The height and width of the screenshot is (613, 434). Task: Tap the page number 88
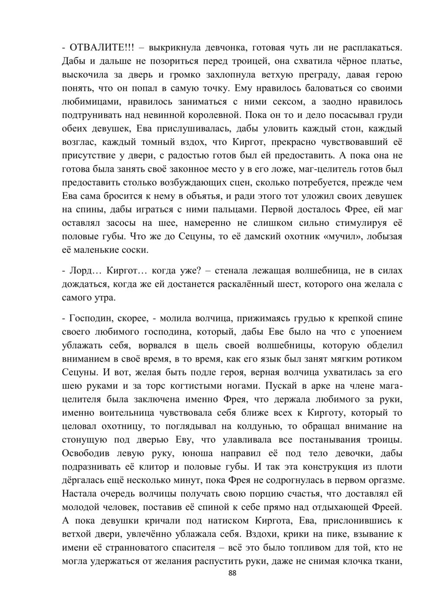(232, 573)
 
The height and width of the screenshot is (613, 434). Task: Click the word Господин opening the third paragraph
(89, 318)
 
